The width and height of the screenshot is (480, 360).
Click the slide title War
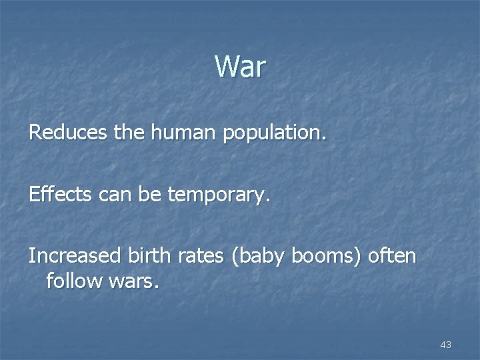(240, 67)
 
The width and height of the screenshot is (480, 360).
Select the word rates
(196, 256)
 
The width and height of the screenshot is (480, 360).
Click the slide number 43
(446, 345)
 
